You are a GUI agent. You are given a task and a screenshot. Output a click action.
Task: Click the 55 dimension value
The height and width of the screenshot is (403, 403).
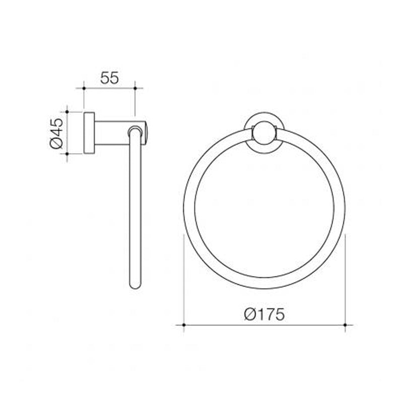(x=109, y=78)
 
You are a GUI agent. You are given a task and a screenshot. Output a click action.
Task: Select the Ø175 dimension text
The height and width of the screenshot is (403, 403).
(x=264, y=314)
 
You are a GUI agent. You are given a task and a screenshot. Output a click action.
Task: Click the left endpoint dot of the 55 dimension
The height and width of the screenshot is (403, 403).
(x=84, y=88)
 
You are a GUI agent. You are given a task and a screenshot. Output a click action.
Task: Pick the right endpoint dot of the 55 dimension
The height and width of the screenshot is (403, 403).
(x=135, y=88)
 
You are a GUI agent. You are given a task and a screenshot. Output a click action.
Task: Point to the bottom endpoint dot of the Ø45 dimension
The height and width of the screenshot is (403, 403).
(x=67, y=154)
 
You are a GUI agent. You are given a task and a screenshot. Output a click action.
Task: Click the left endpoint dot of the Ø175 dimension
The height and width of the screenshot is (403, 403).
(x=183, y=325)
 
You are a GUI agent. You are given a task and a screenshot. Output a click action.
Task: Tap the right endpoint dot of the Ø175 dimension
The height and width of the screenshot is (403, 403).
(x=345, y=325)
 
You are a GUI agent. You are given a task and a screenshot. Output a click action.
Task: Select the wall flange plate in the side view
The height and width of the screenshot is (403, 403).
(x=89, y=132)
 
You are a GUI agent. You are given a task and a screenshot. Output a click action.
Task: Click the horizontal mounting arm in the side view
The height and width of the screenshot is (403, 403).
(x=113, y=133)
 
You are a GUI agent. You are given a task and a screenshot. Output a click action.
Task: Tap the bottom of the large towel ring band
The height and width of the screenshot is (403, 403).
(x=264, y=283)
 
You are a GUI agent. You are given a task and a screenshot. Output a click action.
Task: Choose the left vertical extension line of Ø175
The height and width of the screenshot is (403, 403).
(x=183, y=282)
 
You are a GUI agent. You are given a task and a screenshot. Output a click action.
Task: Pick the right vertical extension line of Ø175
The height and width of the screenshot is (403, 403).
(x=345, y=282)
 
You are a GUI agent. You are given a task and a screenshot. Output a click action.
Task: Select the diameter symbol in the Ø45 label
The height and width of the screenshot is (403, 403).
(x=56, y=144)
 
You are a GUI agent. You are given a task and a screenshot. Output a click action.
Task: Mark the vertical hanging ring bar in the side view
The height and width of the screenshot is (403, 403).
(x=135, y=212)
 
